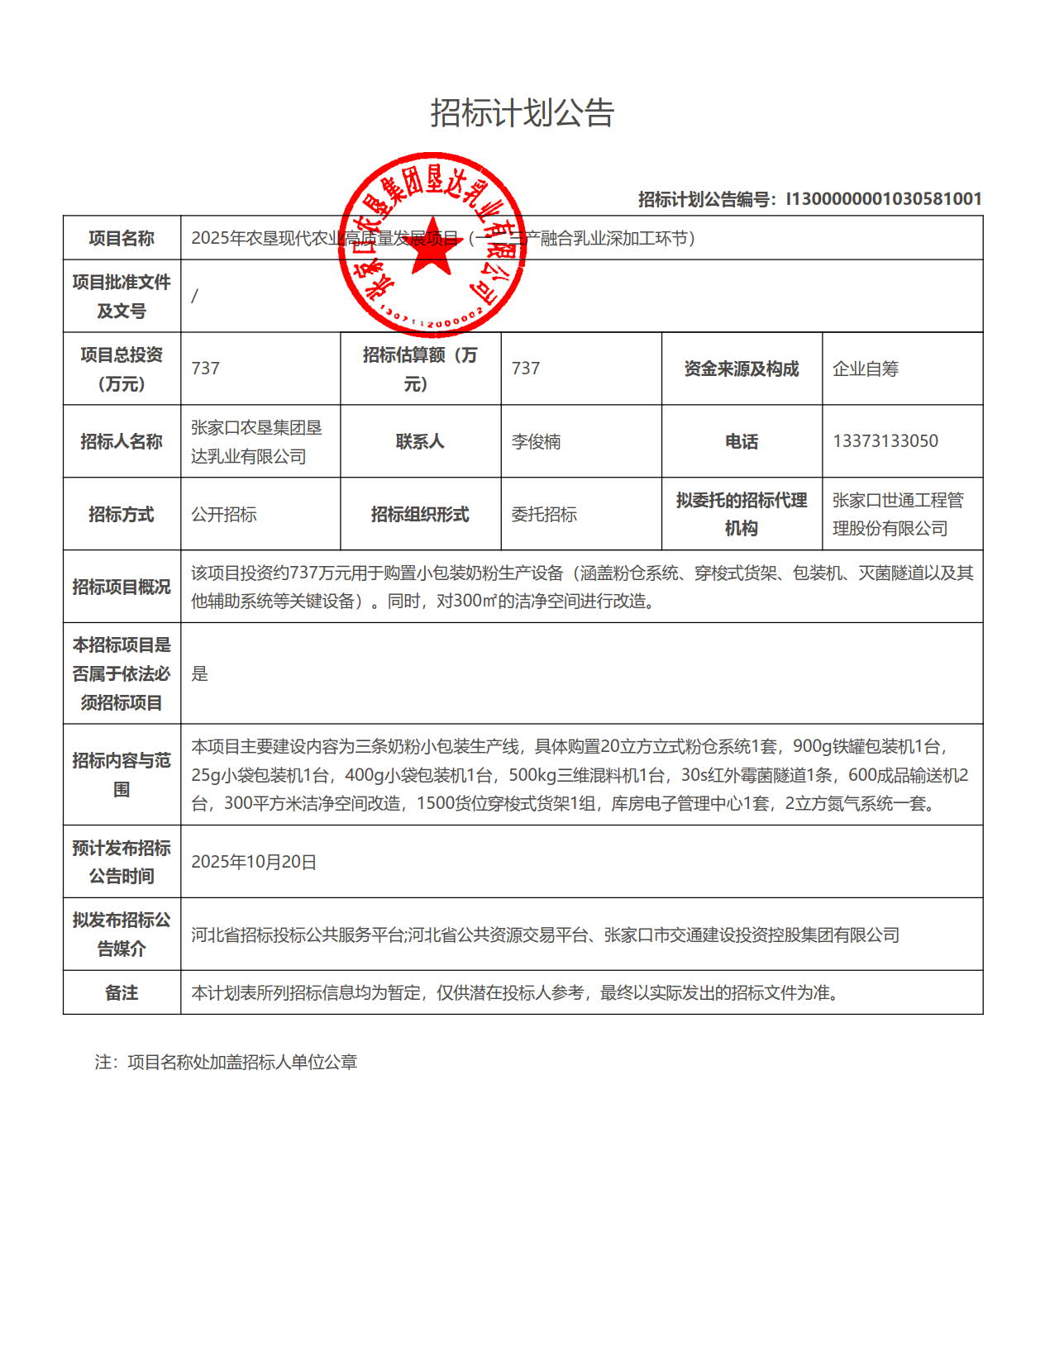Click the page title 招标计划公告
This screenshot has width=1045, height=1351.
tap(522, 113)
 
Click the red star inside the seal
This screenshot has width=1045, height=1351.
tap(431, 247)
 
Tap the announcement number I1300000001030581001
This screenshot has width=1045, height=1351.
tap(883, 199)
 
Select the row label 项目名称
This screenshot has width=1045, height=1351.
tap(122, 239)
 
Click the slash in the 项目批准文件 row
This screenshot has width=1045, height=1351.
tap(195, 296)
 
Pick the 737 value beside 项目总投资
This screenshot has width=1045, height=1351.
tap(206, 369)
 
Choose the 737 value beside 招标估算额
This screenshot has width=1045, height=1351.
tap(526, 369)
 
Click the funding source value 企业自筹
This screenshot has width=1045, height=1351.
tap(866, 369)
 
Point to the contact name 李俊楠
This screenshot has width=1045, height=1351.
tap(536, 441)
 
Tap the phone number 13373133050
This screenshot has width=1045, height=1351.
tap(885, 441)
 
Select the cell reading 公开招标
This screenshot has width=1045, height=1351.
tap(224, 514)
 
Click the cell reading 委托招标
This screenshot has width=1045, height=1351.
tap(544, 514)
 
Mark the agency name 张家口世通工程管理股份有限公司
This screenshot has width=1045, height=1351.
tap(898, 514)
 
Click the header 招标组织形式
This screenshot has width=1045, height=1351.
tap(420, 514)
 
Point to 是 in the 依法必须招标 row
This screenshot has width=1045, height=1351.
tap(200, 673)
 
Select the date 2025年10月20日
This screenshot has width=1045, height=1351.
tap(254, 862)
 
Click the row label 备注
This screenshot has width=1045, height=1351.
tap(122, 992)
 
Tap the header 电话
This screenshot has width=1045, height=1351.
tap(742, 441)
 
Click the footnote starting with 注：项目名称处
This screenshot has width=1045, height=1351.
tap(226, 1063)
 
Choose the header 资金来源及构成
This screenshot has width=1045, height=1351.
tap(742, 369)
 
